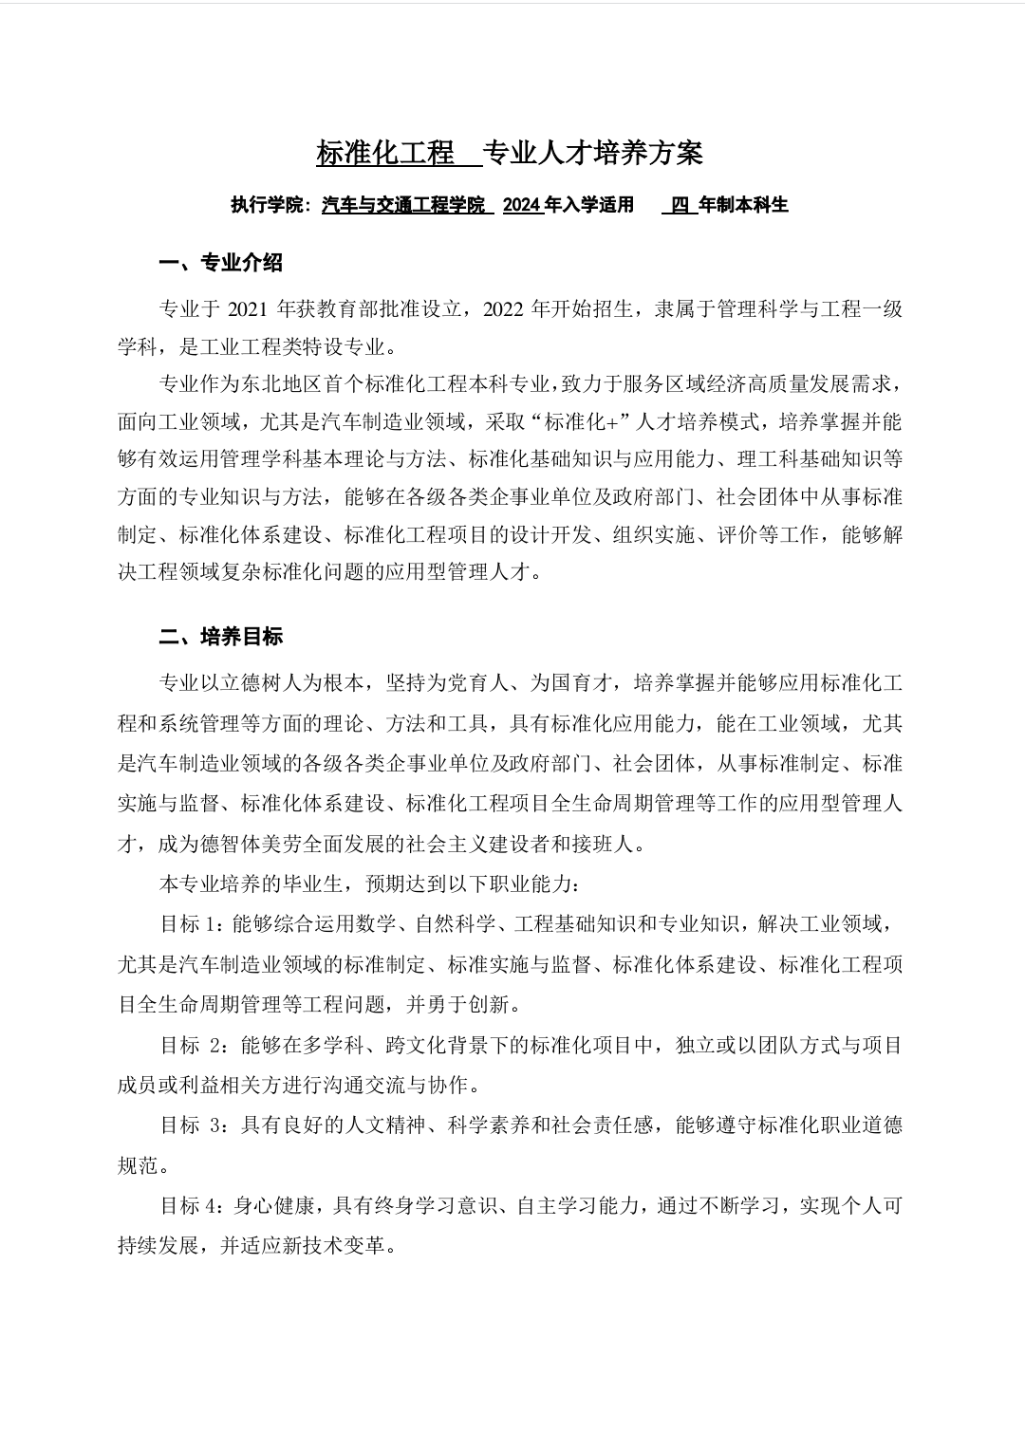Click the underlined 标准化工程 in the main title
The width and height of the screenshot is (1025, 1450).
(386, 153)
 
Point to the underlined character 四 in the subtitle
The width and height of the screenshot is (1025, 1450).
(680, 205)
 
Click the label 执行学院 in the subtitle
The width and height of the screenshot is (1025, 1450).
(266, 205)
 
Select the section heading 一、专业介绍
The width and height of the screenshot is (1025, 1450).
(220, 263)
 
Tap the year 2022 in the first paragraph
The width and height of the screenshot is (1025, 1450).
(505, 308)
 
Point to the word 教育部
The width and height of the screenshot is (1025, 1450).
(379, 308)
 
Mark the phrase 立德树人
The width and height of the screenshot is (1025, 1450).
(282, 683)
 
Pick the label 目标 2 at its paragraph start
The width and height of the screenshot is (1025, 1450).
(193, 1046)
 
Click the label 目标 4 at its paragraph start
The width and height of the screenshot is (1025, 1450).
(191, 1206)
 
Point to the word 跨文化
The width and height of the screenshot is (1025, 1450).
(415, 1046)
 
